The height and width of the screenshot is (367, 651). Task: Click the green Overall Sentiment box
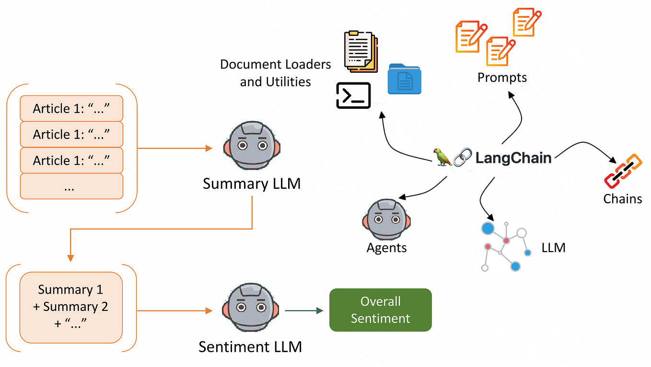pyautogui.click(x=380, y=310)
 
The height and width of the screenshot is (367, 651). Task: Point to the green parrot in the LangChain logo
pyautogui.click(x=442, y=157)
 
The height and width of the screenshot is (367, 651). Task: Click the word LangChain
pyautogui.click(x=513, y=158)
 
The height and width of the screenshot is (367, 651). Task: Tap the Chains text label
pyautogui.click(x=622, y=198)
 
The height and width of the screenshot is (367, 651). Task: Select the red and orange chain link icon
pyautogui.click(x=622, y=171)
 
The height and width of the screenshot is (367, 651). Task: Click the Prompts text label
pyautogui.click(x=502, y=77)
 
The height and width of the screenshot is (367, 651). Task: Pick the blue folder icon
pyautogui.click(x=404, y=79)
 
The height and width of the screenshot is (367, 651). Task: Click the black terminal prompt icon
pyautogui.click(x=354, y=95)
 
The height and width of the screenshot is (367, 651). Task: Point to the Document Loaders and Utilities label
pyautogui.click(x=275, y=73)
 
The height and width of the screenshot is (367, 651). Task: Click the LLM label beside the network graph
pyautogui.click(x=553, y=248)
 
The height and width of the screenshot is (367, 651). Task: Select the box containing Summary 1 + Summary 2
pyautogui.click(x=71, y=307)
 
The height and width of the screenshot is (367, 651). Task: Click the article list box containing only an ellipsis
pyautogui.click(x=71, y=186)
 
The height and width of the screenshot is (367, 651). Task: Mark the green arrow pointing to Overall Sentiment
pyautogui.click(x=304, y=311)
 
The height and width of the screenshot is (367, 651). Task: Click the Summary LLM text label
pyautogui.click(x=252, y=184)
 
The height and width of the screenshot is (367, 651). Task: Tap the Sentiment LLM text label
pyautogui.click(x=250, y=347)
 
